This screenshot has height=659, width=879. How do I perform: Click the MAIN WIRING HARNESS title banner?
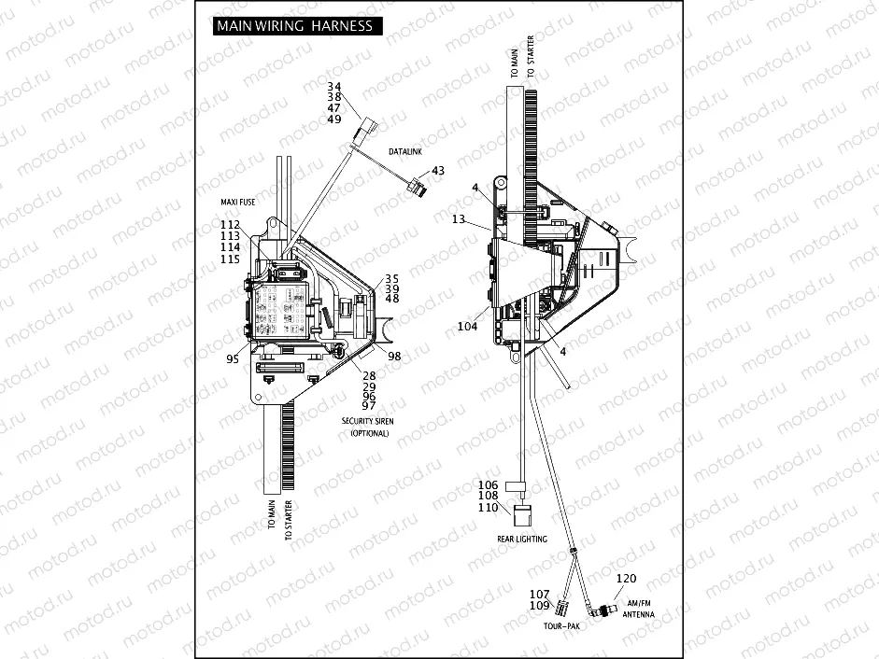[294, 26]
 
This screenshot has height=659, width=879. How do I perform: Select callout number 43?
[438, 171]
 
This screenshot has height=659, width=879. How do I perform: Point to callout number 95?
[232, 358]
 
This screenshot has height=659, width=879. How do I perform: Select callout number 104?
[467, 327]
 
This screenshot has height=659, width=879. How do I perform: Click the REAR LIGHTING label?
[522, 540]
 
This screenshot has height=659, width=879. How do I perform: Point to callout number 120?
[626, 579]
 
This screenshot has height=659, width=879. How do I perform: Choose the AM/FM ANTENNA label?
[640, 608]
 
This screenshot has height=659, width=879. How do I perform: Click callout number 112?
[230, 224]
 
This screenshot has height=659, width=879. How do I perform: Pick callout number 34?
[334, 87]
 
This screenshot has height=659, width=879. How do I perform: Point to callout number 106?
[489, 485]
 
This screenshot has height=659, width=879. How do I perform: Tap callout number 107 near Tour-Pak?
[539, 595]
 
